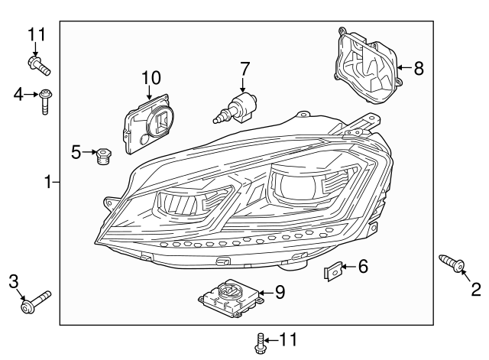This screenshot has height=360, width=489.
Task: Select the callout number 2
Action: [475, 289]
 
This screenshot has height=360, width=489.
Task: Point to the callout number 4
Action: [18, 94]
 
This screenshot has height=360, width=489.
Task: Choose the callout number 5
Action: [76, 152]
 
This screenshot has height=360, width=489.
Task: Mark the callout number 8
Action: [418, 68]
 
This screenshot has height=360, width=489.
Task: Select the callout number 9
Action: [280, 291]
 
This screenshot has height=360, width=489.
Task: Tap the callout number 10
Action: [151, 77]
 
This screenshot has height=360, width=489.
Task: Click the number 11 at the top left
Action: [37, 34]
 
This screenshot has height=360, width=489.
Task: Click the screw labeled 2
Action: [452, 264]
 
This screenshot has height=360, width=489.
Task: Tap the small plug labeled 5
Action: [102, 156]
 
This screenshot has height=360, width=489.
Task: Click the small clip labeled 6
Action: [333, 270]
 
